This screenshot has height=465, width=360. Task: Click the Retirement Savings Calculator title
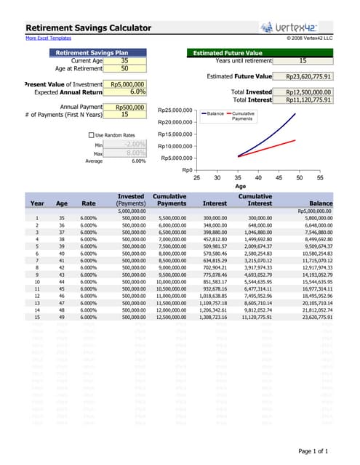pyautogui.click(x=89, y=28)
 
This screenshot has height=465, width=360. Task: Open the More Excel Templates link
pyautogui.click(x=49, y=38)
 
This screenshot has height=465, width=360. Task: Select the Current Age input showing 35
pyautogui.click(x=124, y=61)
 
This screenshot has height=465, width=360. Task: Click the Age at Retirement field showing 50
pyautogui.click(x=124, y=69)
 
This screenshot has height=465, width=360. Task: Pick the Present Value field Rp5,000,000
pyautogui.click(x=127, y=85)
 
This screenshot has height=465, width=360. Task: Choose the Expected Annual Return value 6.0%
pyautogui.click(x=127, y=92)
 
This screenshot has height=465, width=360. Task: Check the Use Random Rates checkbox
pyautogui.click(x=91, y=135)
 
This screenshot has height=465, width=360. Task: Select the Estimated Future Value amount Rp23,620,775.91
pyautogui.click(x=308, y=76)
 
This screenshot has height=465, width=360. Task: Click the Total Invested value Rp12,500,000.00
pyautogui.click(x=308, y=92)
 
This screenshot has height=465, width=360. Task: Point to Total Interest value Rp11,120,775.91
pyautogui.click(x=308, y=100)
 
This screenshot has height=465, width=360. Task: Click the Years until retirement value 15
pyautogui.click(x=303, y=61)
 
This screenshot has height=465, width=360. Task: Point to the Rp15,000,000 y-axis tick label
pyautogui.click(x=175, y=134)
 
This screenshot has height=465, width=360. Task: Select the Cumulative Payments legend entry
pyautogui.click(x=242, y=116)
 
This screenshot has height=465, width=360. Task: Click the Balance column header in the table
pyautogui.click(x=320, y=204)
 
